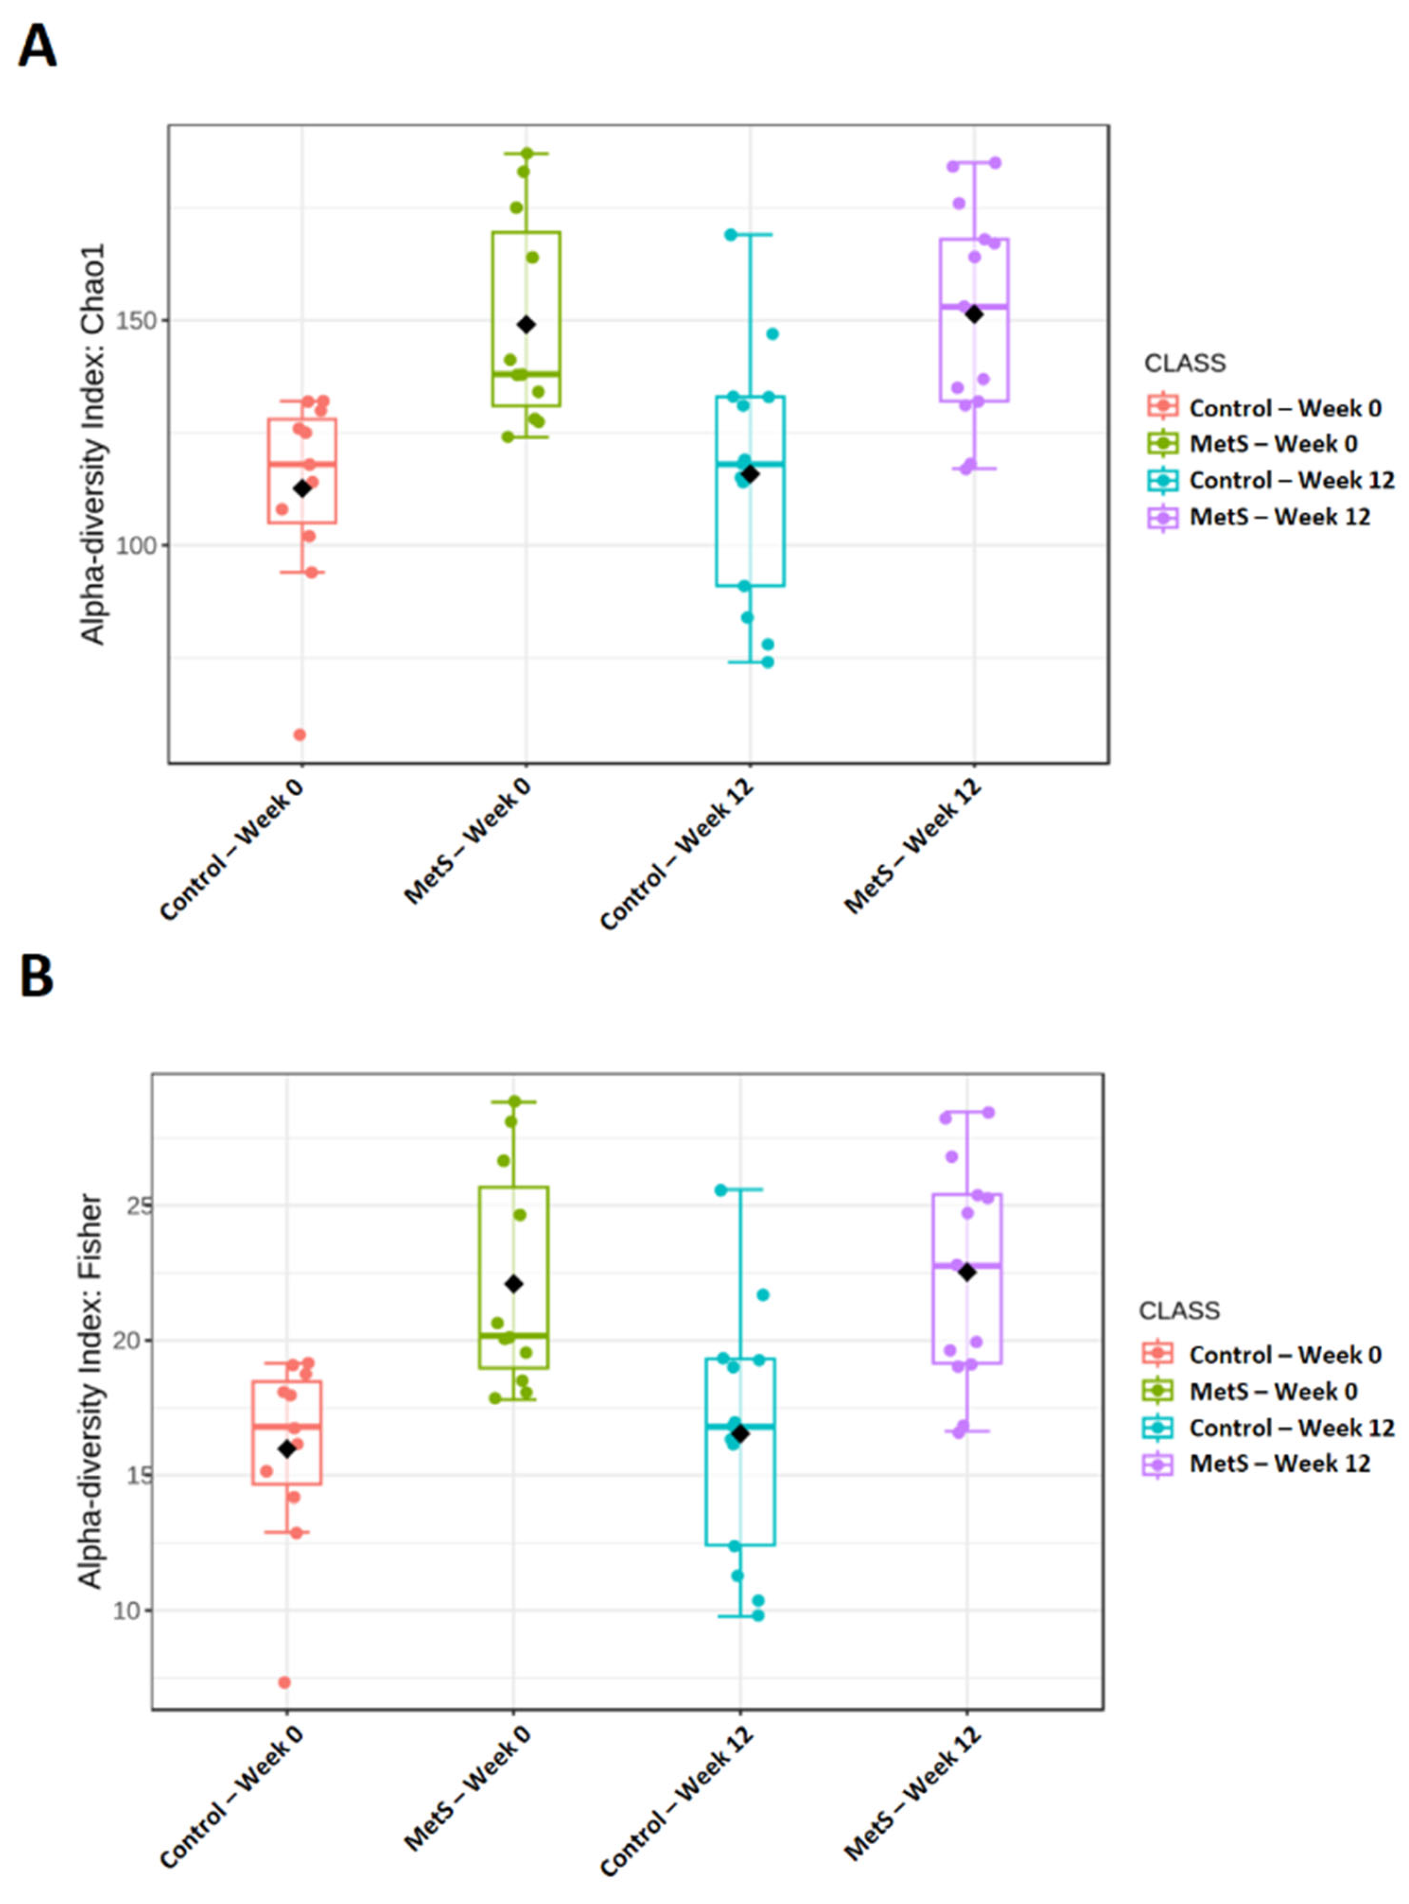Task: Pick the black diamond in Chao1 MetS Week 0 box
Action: [526, 324]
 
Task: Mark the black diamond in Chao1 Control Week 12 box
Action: [749, 473]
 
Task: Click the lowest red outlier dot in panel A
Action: [300, 734]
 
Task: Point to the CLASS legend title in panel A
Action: [1185, 363]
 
